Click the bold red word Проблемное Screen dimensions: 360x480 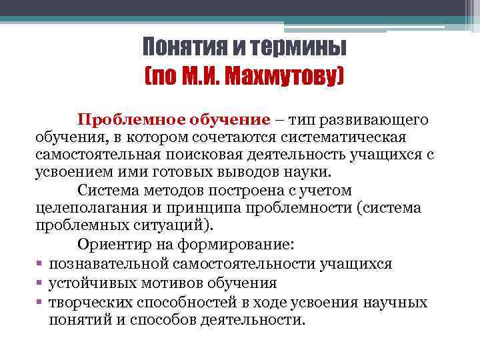[137, 120]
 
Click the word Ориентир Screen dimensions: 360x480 [115, 243]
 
